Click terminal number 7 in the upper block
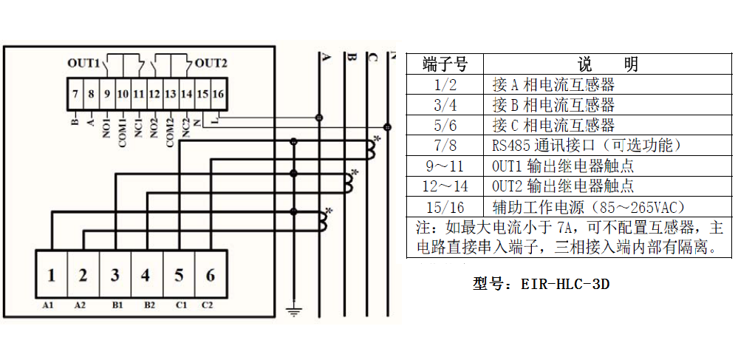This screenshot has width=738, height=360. click(x=75, y=94)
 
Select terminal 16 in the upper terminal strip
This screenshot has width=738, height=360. click(x=217, y=94)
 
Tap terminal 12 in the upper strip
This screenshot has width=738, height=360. click(x=154, y=94)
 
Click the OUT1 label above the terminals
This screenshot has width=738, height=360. click(x=83, y=63)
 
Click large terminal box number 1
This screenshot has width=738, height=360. click(x=51, y=276)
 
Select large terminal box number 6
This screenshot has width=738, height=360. click(x=211, y=276)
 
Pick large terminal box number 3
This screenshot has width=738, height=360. click(x=115, y=276)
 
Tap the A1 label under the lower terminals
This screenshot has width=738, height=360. click(x=49, y=305)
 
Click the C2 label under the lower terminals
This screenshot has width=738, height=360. click(x=207, y=305)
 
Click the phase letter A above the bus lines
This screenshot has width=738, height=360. click(x=325, y=57)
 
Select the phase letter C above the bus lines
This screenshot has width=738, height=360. click(x=373, y=57)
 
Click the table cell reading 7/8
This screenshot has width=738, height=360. click(x=445, y=146)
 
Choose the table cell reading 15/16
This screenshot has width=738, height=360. click(x=445, y=206)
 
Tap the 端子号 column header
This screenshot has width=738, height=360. click(x=445, y=64)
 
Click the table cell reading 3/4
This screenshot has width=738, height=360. click(x=445, y=105)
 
